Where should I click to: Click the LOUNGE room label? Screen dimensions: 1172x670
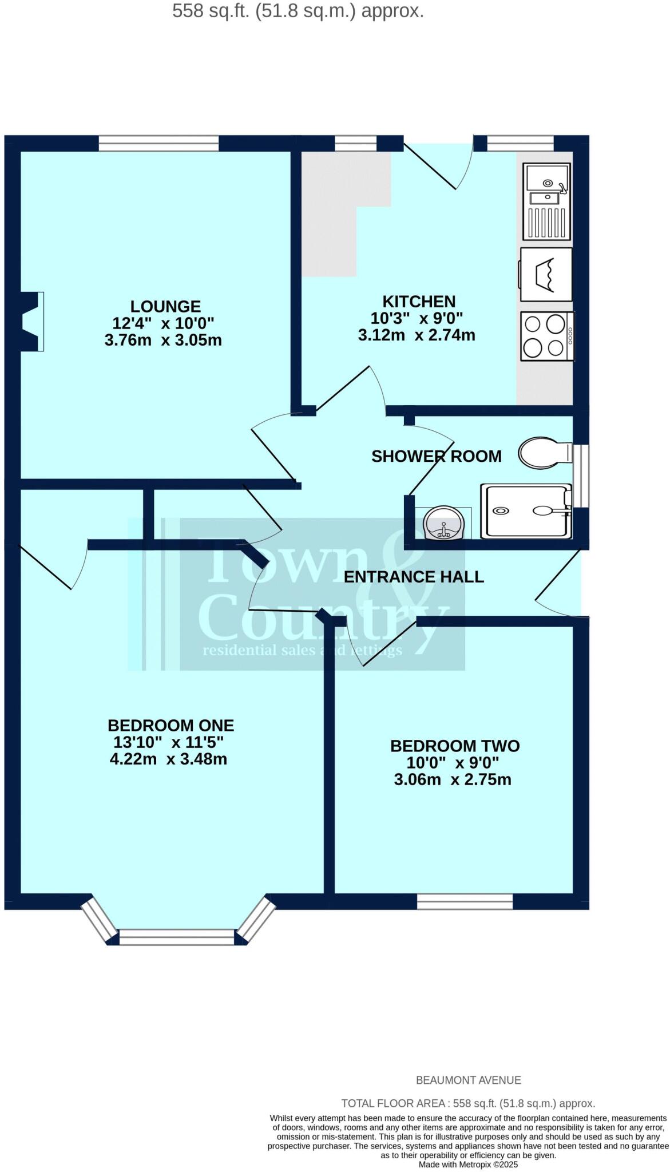(x=165, y=307)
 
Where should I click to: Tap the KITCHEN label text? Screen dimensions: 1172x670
(x=419, y=302)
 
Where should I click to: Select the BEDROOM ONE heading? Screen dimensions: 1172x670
(x=171, y=726)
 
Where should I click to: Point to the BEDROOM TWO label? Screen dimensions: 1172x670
(x=455, y=746)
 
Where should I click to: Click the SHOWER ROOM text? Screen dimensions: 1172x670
(x=436, y=456)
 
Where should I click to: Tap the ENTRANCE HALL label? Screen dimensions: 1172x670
(x=414, y=577)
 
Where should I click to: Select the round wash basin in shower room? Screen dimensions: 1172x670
(x=443, y=522)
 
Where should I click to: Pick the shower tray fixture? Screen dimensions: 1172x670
(x=525, y=511)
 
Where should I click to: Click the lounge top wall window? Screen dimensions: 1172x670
(x=158, y=143)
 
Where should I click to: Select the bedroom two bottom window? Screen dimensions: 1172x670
(x=465, y=902)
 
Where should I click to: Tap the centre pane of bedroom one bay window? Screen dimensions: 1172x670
(x=177, y=937)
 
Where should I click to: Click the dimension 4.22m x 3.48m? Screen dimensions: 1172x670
(x=168, y=759)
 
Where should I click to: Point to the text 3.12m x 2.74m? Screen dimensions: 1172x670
(x=417, y=335)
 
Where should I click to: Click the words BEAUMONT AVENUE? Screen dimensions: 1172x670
(x=468, y=1080)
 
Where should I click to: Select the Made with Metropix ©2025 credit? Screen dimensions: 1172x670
(x=468, y=1165)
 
